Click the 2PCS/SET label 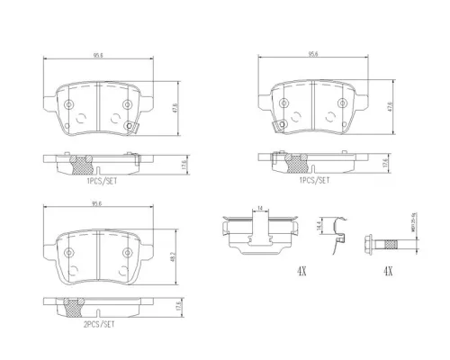point(98,323)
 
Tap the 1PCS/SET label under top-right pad point(312,180)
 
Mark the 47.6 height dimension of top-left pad point(171,110)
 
